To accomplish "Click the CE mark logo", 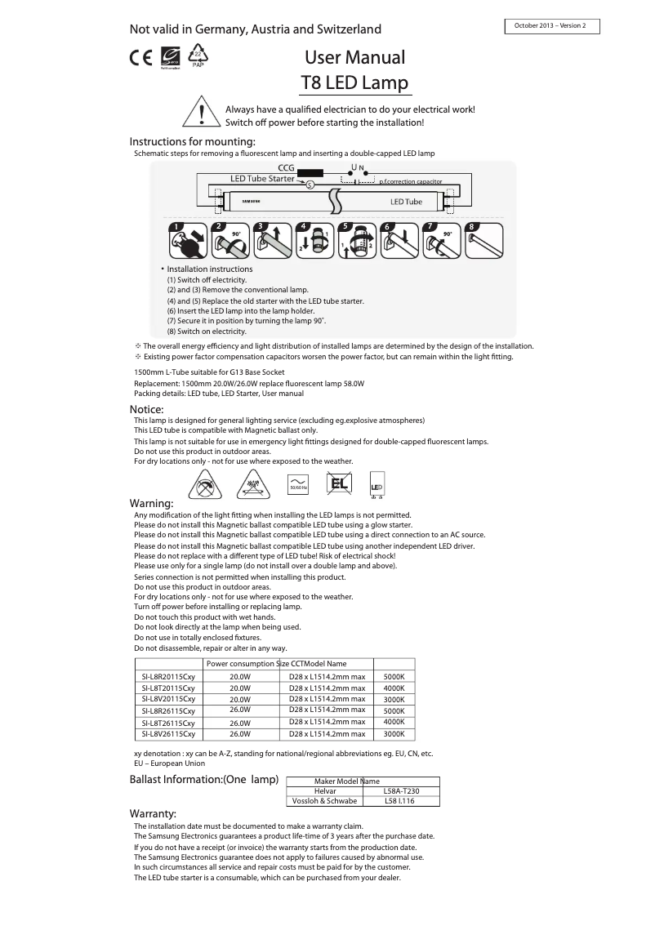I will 140,58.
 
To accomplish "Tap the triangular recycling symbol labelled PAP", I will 198,56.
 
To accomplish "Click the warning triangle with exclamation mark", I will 201,114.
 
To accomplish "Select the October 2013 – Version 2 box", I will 552,26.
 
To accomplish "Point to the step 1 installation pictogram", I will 185,240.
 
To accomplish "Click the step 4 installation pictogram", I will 314,240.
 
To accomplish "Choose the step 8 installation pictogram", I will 483,240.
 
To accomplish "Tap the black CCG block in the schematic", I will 310,173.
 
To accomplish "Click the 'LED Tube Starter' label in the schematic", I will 262,179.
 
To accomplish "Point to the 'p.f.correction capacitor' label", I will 411,182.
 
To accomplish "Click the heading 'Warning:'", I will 152,502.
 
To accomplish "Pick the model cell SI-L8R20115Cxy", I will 168,677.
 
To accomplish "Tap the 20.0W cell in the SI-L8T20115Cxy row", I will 239,688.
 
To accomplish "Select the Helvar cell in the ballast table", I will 325,791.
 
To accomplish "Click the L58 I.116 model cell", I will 399,801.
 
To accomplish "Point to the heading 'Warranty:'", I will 153,814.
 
